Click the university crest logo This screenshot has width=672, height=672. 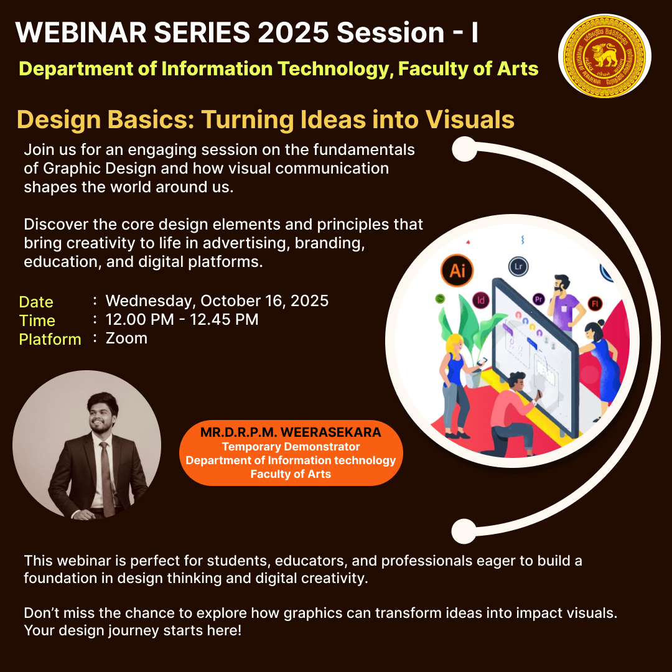pos(604,56)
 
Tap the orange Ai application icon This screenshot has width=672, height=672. pos(457,271)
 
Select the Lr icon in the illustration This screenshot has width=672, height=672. pos(518,266)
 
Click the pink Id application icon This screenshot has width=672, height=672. pos(481,300)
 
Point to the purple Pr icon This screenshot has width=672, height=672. pos(539,299)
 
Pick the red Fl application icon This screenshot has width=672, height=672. pos(595,304)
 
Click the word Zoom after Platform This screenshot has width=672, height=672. pos(126,338)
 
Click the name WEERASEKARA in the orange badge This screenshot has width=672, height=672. pos(331,432)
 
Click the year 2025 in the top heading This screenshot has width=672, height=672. pos(294,32)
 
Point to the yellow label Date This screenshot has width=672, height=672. pos(36,302)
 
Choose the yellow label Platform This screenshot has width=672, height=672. pos(50,340)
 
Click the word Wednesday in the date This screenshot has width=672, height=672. pos(151,301)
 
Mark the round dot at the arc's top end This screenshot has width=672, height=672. pos(465,149)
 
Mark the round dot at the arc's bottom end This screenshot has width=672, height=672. pos(464,531)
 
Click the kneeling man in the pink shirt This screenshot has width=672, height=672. pos(512,414)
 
